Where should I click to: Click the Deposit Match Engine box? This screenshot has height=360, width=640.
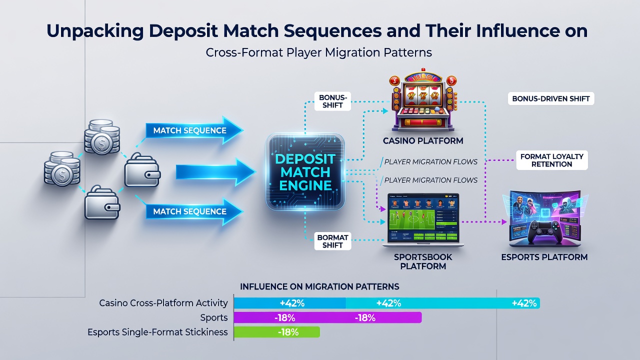pyautogui.click(x=305, y=172)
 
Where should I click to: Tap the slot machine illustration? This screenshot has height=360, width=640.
pyautogui.click(x=423, y=100)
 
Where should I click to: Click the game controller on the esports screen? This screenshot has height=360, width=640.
pyautogui.click(x=543, y=232)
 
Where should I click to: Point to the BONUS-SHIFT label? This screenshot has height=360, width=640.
pyautogui.click(x=332, y=101)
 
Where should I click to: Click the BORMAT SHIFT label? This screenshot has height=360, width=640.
pyautogui.click(x=332, y=241)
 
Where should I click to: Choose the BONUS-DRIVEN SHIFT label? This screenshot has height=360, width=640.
pyautogui.click(x=551, y=99)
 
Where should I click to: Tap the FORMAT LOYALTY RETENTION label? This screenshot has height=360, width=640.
pyautogui.click(x=551, y=160)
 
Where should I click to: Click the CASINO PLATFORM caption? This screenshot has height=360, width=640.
pyautogui.click(x=423, y=141)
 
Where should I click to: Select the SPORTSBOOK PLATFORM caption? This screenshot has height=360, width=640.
pyautogui.click(x=423, y=261)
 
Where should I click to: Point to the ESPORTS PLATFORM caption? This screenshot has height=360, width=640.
pyautogui.click(x=544, y=257)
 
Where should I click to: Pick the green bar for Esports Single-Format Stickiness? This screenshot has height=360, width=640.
pyautogui.click(x=277, y=332)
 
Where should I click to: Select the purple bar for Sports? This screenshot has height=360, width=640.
pyautogui.click(x=327, y=317)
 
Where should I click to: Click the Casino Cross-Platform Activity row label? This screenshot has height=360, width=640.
pyautogui.click(x=163, y=303)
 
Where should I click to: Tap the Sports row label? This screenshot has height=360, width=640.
pyautogui.click(x=214, y=317)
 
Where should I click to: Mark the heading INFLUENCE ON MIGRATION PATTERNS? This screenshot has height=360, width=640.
pyautogui.click(x=319, y=286)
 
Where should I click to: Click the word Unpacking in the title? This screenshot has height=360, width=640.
pyautogui.click(x=95, y=31)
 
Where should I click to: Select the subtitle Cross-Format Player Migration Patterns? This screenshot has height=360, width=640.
pyautogui.click(x=319, y=52)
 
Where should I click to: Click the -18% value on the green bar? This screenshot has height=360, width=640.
pyautogui.click(x=288, y=332)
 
